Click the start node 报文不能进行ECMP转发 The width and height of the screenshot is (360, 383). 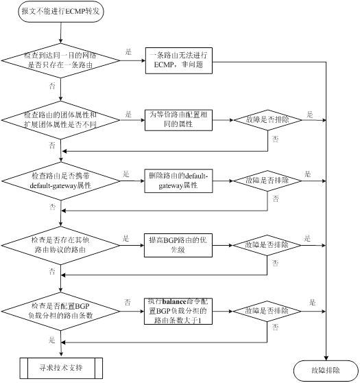tap(61, 12)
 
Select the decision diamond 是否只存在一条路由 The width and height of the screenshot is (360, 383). tap(60, 60)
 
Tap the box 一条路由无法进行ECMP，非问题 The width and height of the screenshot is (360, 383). tap(179, 60)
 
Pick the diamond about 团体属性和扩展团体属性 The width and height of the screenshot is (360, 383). tap(60, 120)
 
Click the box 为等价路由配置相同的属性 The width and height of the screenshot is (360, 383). tap(178, 120)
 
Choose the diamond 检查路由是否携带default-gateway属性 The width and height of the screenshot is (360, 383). tap(61, 181)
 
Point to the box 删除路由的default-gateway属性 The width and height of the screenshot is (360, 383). tap(178, 181)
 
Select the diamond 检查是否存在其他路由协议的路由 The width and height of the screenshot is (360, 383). tap(60, 245)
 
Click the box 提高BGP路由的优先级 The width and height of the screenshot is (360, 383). tap(178, 245)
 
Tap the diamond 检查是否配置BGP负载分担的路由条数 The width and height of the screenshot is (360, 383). tap(60, 311)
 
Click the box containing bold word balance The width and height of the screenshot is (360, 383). tap(178, 311)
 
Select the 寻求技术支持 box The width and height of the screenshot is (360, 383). tap(61, 368)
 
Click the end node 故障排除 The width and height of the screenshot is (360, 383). tap(326, 371)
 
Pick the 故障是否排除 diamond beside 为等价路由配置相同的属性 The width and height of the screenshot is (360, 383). tap(267, 120)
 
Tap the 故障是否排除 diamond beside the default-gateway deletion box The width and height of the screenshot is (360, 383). tap(267, 181)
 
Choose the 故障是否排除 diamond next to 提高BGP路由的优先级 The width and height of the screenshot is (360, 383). tap(267, 245)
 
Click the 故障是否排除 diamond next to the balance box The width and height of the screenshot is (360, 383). tap(267, 311)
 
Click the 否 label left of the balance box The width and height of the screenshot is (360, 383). tap(128, 303)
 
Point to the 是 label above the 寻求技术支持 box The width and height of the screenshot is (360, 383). tap(52, 340)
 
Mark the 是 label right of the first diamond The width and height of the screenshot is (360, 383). tap(128, 51)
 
